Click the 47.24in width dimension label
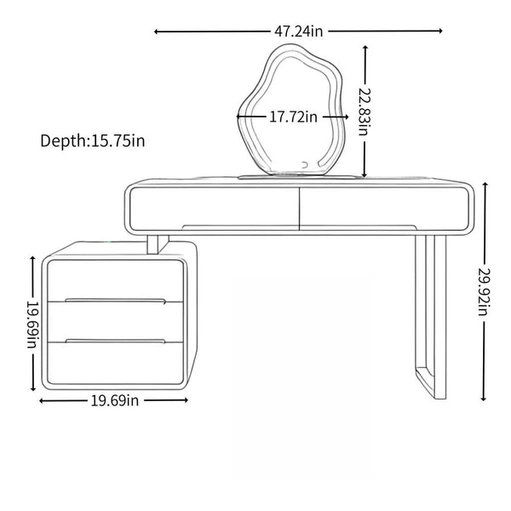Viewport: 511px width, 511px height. coord(299,32)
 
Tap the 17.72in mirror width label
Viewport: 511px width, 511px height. coord(293,117)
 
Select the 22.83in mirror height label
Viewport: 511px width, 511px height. coord(364,112)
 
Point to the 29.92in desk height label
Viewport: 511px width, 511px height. coord(484,291)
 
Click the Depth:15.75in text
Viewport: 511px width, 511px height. coord(93,141)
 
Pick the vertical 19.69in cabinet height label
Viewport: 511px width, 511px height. coord(33,324)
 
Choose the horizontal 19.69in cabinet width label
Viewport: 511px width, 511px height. coord(115,400)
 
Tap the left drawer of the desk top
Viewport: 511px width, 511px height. coord(214,209)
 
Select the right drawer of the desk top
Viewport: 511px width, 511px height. coord(384,209)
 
